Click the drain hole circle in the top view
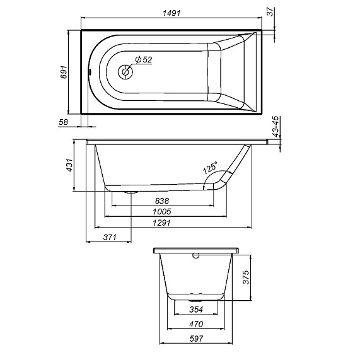125,72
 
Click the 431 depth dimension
71,165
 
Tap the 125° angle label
209,170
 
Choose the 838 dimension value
161,201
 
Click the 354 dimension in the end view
195,310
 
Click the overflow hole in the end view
195,257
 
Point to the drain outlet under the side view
131,190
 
